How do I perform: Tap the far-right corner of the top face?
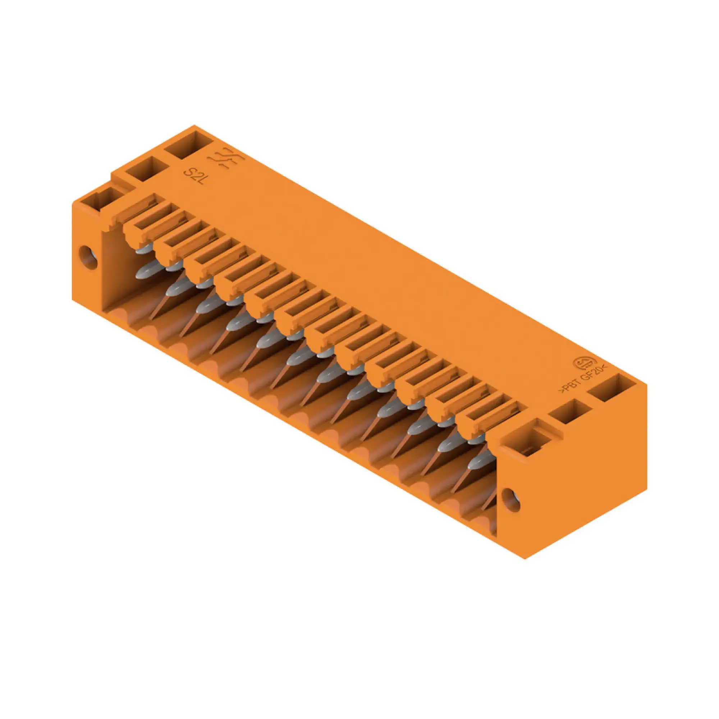[646, 385]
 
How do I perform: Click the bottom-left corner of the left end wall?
[73, 299]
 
